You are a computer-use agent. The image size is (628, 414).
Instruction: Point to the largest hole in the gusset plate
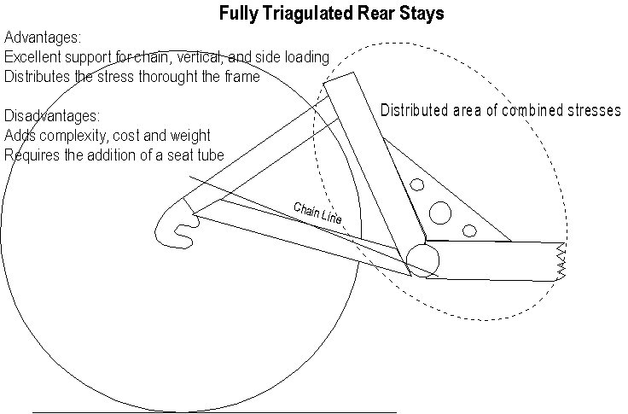click(440, 210)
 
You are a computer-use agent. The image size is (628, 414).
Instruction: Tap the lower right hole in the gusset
click(468, 229)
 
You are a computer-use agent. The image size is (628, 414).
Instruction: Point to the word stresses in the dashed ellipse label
click(592, 111)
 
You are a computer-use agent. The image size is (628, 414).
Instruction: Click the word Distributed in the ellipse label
click(414, 111)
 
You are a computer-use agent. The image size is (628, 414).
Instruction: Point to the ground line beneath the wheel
click(171, 412)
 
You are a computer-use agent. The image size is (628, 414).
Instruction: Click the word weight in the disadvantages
click(192, 135)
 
